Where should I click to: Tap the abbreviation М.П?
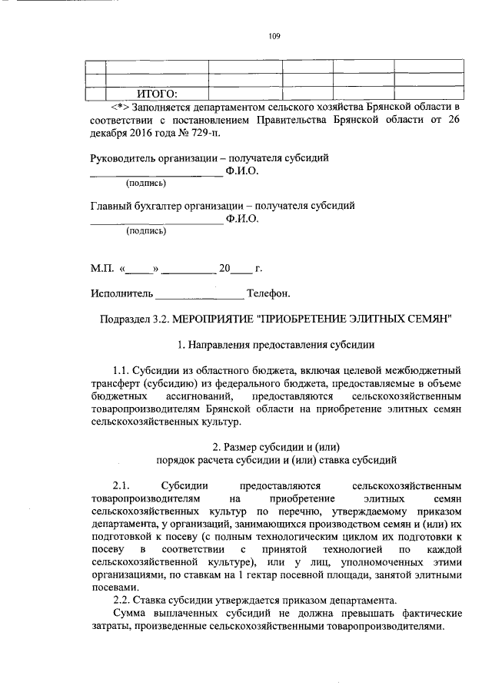pyautogui.click(x=101, y=269)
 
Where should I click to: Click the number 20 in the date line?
pyautogui.click(x=224, y=269)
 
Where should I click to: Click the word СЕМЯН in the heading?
pyautogui.click(x=428, y=319)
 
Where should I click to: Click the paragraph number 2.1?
pyautogui.click(x=123, y=486)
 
